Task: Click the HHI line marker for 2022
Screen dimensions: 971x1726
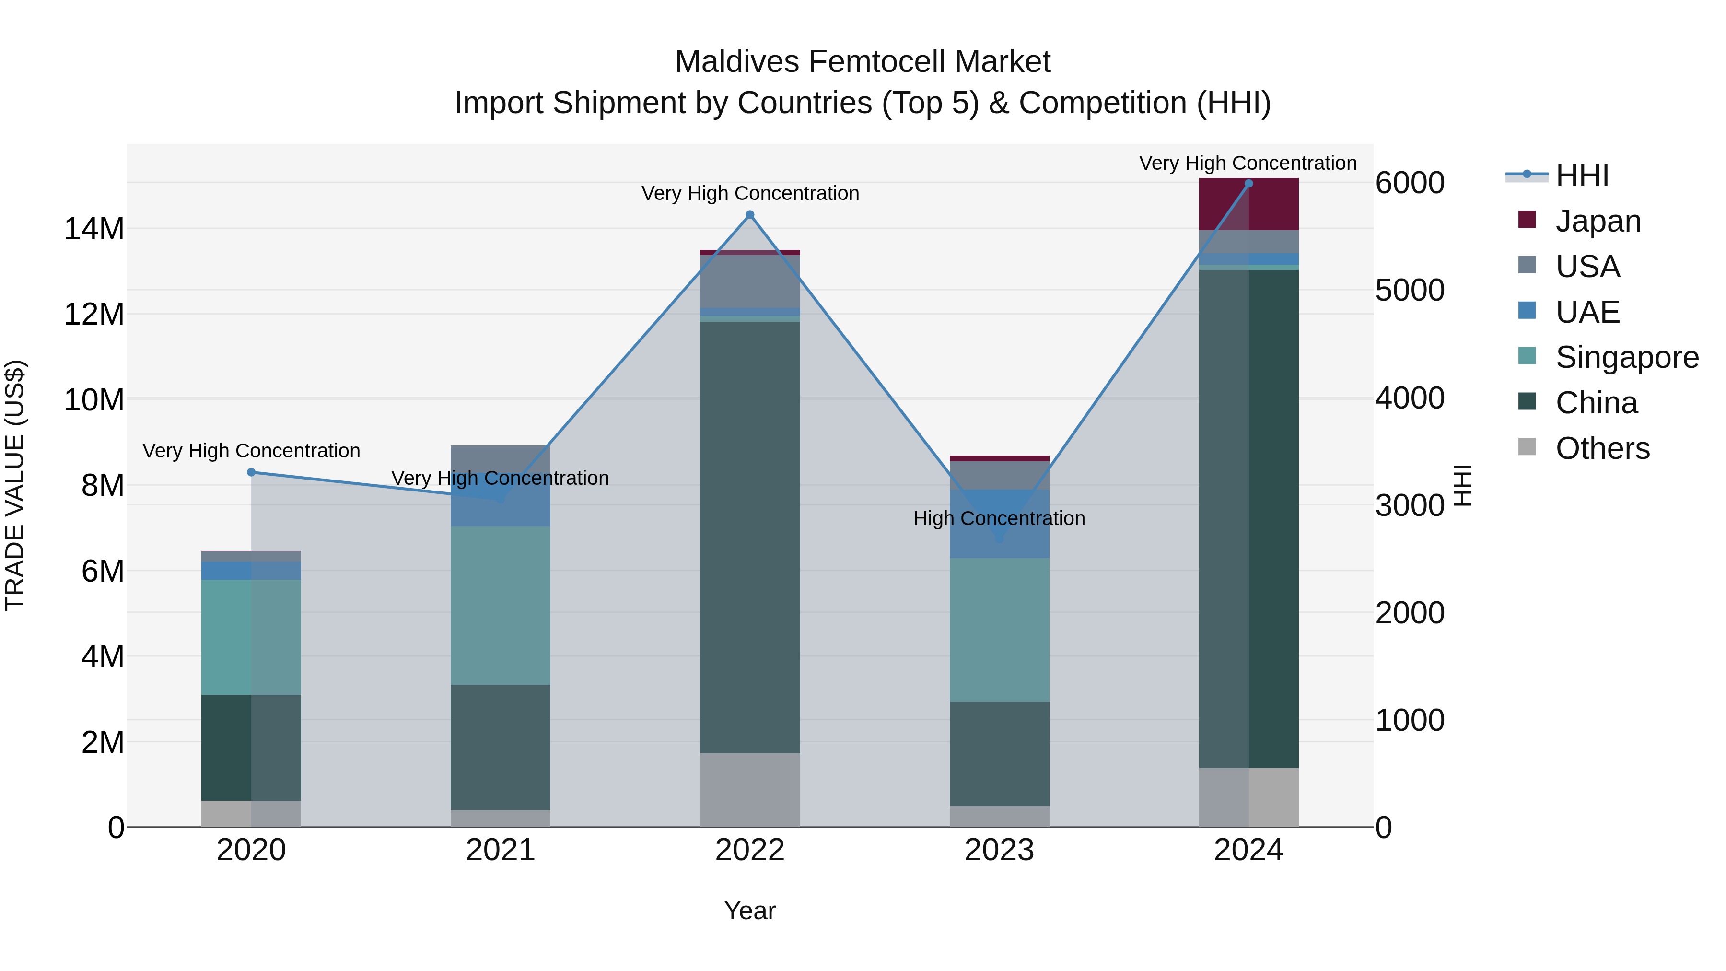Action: coord(750,215)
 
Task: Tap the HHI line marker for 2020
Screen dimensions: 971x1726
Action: coord(251,472)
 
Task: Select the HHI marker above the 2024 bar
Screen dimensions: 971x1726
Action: coord(1248,184)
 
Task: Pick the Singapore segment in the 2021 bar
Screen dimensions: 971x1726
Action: coord(501,605)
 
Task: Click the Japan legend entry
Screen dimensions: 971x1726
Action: coord(1598,221)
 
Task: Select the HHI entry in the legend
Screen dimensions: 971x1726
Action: coord(1581,175)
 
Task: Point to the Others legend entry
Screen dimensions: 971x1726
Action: coord(1601,448)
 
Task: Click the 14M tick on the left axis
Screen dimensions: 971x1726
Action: coord(94,229)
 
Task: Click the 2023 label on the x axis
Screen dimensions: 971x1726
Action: coord(999,850)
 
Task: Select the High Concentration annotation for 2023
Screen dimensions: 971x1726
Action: coord(999,519)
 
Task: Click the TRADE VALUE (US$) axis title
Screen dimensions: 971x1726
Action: coord(15,485)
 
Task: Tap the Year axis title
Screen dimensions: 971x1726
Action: coord(750,911)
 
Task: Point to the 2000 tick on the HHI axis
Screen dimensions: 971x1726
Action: coord(1410,612)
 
